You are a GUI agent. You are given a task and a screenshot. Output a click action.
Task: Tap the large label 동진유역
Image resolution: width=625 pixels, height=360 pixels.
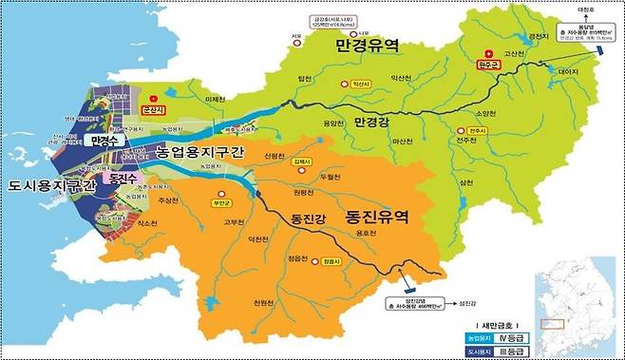click(x=377, y=217)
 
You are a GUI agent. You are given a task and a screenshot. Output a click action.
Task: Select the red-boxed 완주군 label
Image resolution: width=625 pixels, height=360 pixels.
click(x=486, y=66)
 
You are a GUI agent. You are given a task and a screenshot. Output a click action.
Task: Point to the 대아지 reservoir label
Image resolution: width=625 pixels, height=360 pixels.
click(x=568, y=71)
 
